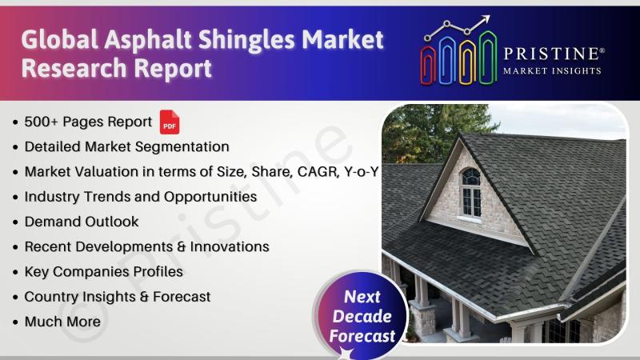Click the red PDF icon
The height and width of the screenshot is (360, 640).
170,122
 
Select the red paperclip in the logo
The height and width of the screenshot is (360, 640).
428,66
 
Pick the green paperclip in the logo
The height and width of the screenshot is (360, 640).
487,58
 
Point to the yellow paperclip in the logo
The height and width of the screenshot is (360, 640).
467,62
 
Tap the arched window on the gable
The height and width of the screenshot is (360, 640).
471,193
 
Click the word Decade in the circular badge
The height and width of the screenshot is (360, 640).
362,316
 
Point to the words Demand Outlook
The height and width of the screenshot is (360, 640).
82,222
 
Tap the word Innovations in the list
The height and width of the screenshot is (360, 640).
230,246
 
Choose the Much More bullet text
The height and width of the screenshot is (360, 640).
62,322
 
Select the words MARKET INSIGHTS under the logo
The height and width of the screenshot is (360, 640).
552,71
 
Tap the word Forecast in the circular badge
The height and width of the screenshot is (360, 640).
362,336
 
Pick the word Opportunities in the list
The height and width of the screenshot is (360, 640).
210,197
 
